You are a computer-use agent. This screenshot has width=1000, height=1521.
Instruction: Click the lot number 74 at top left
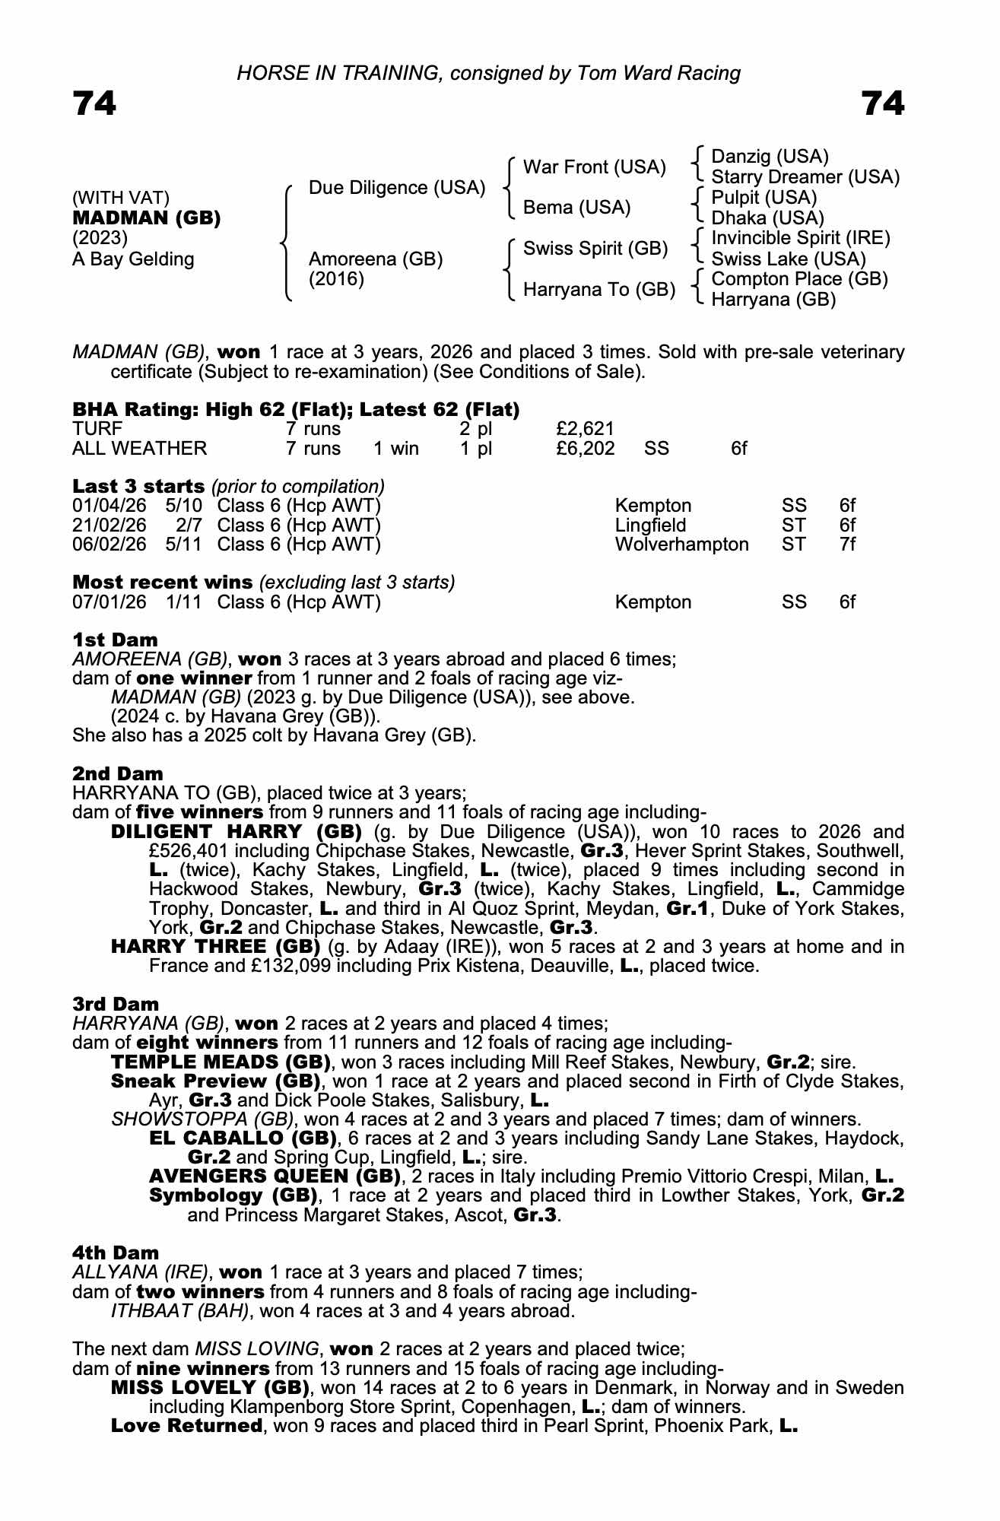[x=94, y=104]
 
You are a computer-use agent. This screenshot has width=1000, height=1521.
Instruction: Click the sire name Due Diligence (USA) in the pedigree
[x=396, y=188]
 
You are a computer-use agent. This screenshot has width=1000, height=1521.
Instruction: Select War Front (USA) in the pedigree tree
[x=594, y=167]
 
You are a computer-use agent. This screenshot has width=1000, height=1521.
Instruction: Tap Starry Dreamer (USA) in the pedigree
[x=805, y=177]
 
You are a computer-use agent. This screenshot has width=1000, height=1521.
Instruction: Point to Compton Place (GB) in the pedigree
[x=799, y=279]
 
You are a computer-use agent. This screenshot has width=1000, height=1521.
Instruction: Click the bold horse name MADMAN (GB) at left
[x=146, y=218]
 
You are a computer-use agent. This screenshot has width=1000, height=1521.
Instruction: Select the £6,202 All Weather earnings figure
[x=585, y=449]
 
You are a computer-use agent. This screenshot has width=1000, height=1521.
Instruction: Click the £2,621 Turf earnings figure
[x=585, y=429]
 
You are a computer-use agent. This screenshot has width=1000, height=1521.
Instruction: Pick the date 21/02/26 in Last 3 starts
[x=109, y=526]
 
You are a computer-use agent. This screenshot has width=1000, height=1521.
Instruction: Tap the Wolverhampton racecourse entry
[x=681, y=545]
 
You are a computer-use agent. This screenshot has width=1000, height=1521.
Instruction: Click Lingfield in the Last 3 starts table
[x=650, y=526]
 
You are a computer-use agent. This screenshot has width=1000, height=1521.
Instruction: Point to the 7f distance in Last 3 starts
[x=847, y=545]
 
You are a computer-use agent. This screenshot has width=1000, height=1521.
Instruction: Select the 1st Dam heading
[x=115, y=640]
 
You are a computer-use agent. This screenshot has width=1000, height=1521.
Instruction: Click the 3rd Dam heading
[x=116, y=1004]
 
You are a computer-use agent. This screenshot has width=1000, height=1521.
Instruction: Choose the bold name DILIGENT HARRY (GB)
[x=237, y=831]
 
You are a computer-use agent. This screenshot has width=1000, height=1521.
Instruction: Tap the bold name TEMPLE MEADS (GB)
[x=221, y=1062]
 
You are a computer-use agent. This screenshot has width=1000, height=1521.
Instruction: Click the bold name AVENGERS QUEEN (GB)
[x=275, y=1176]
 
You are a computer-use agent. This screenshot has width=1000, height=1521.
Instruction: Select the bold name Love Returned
[x=186, y=1426]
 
